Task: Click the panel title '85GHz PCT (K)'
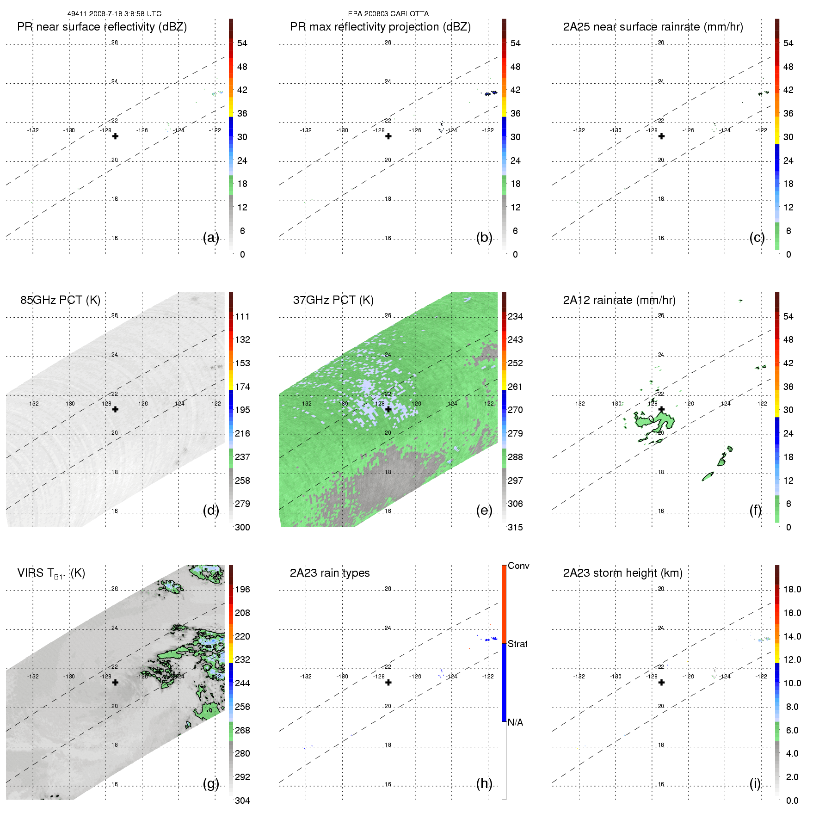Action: pyautogui.click(x=60, y=300)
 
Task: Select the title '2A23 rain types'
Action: pyautogui.click(x=329, y=573)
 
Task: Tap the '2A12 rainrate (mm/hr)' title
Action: pyautogui.click(x=619, y=300)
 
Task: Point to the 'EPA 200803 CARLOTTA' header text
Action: pyautogui.click(x=388, y=14)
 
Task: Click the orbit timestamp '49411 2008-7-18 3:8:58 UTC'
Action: pyautogui.click(x=114, y=14)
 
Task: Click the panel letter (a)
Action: pyautogui.click(x=210, y=237)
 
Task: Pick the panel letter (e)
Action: pyautogui.click(x=484, y=510)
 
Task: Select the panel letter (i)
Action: pyautogui.click(x=755, y=783)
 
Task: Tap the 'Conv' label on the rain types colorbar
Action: pyautogui.click(x=518, y=566)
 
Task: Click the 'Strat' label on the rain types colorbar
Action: pyautogui.click(x=517, y=644)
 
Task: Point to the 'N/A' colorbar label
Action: pyautogui.click(x=515, y=722)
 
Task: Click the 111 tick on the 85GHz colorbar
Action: pyautogui.click(x=242, y=316)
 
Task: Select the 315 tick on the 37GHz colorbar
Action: pyautogui.click(x=515, y=527)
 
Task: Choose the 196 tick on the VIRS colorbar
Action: pyautogui.click(x=242, y=589)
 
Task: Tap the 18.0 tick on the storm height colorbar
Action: pyautogui.click(x=792, y=589)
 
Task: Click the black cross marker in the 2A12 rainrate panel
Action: pyautogui.click(x=661, y=409)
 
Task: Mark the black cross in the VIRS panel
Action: pyautogui.click(x=115, y=682)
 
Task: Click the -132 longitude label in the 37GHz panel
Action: pyautogui.click(x=306, y=403)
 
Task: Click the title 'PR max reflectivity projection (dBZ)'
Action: pyautogui.click(x=380, y=27)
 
